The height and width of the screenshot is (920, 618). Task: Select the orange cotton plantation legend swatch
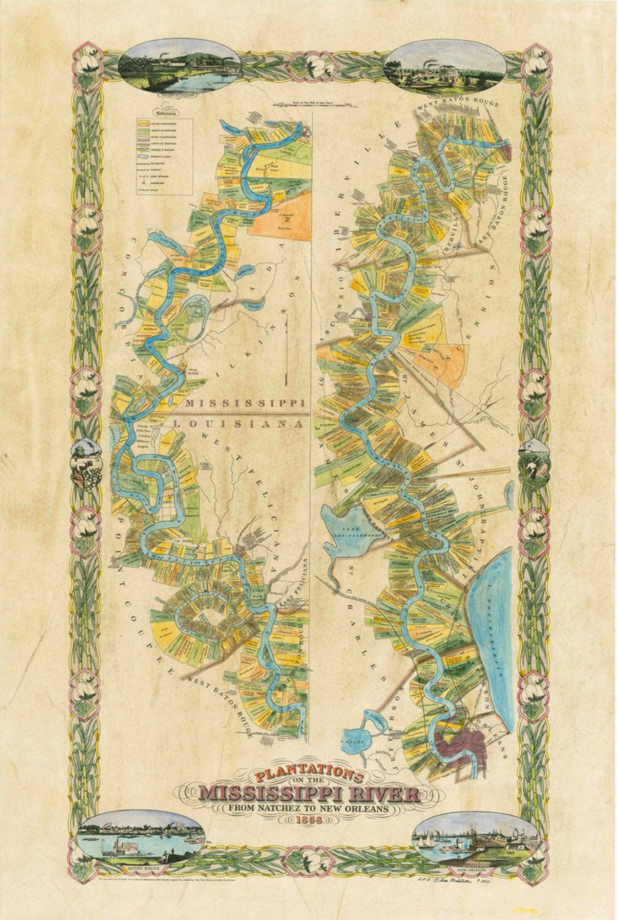click(x=144, y=122)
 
